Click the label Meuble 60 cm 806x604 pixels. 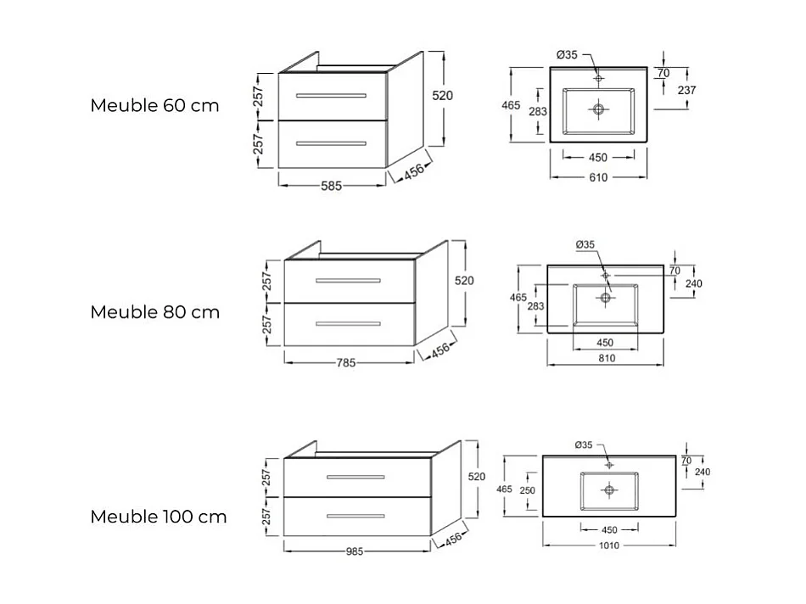point(154,106)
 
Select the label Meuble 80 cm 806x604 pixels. point(154,312)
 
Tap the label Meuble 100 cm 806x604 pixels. point(159,517)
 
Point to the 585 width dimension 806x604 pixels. point(331,187)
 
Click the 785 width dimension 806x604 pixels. point(345,362)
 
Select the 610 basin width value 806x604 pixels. point(598,177)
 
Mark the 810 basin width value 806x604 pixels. point(606,358)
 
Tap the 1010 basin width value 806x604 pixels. point(609,545)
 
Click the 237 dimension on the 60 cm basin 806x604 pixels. point(687,90)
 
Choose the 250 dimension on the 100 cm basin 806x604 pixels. point(527,491)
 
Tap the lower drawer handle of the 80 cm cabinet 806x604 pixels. point(349,322)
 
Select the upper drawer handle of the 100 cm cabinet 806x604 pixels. point(355,477)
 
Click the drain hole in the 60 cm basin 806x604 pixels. point(599,109)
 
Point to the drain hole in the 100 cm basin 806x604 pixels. point(608,489)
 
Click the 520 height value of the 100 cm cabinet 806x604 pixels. point(477,477)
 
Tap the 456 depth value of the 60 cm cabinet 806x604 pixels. point(413,171)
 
